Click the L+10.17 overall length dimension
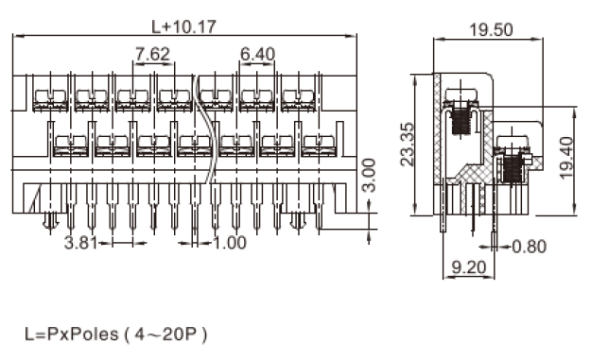[184, 26]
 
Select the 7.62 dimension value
[152, 54]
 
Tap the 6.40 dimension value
[258, 54]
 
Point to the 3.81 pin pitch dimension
[81, 243]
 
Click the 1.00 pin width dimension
[231, 243]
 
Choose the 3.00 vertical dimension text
[369, 176]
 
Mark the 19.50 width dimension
[491, 29]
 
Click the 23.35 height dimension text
[407, 145]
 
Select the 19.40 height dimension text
[566, 158]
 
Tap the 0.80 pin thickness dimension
[530, 247]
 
